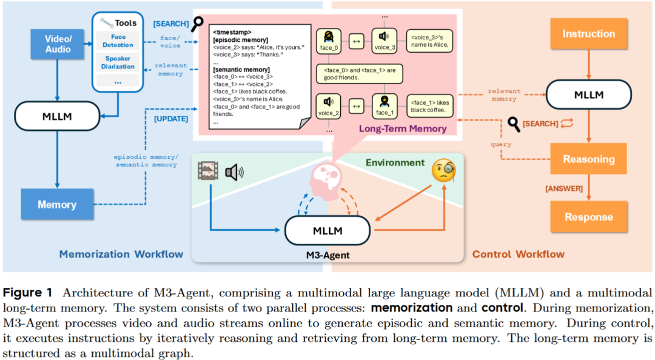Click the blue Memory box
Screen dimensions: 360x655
pos(57,204)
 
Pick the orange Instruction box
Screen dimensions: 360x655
pos(588,34)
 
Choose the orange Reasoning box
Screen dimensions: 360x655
pos(588,159)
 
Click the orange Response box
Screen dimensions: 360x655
pos(588,217)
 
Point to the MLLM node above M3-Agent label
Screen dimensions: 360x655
pos(327,230)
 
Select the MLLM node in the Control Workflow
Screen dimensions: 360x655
pos(588,96)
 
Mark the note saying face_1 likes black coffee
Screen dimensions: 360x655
pos(431,106)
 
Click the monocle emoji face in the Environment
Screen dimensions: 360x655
pos(443,173)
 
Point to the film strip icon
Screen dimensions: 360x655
pos(207,172)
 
